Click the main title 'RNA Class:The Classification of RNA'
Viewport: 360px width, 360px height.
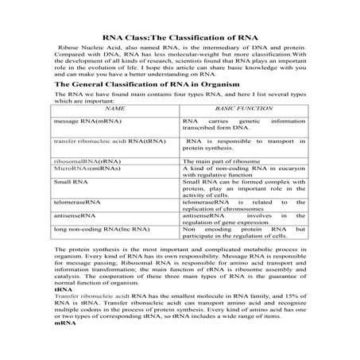click(180, 38)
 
